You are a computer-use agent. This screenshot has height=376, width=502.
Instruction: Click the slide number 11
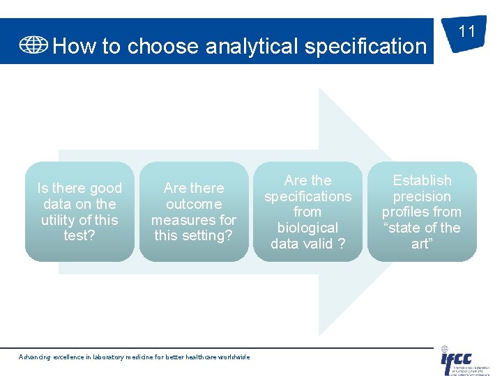[466, 32]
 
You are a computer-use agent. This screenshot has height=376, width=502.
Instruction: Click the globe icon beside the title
[33, 45]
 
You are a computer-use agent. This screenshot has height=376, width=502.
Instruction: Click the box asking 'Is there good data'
[79, 212]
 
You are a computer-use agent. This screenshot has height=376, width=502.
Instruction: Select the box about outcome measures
[194, 212]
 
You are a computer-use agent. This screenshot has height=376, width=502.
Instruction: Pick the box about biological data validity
[307, 212]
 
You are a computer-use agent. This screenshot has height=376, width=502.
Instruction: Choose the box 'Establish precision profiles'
[422, 212]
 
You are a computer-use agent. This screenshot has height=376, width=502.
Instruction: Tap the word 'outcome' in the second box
[194, 204]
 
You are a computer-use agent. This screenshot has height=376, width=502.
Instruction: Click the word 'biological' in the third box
[307, 228]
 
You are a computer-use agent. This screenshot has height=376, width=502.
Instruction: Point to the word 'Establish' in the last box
[422, 180]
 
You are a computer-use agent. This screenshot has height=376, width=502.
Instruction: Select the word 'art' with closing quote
[422, 244]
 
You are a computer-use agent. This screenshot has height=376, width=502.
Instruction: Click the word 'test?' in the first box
[79, 235]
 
